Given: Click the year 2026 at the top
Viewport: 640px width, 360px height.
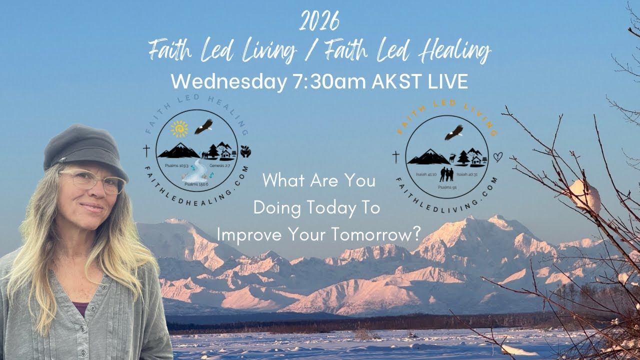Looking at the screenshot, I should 320,21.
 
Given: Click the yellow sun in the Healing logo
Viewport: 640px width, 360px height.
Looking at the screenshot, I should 179,128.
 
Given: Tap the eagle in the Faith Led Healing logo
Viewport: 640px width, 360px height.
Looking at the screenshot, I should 203,126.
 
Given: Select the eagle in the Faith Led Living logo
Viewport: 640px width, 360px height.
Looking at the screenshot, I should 453,132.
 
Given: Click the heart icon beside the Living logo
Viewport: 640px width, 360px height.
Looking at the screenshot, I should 498,157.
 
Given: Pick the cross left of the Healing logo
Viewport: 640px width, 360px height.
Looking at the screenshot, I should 146,150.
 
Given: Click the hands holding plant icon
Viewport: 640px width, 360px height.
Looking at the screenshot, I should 246,150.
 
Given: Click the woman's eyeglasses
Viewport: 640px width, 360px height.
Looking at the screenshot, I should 95,181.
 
